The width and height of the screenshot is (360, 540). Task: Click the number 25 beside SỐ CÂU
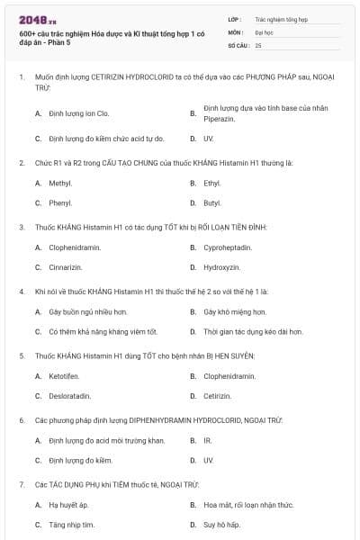tap(259, 44)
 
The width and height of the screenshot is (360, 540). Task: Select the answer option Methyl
tap(60, 183)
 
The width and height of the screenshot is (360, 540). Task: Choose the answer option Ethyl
tap(212, 183)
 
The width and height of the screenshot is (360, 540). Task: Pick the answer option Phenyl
tap(60, 202)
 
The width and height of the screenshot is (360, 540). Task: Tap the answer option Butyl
tap(212, 202)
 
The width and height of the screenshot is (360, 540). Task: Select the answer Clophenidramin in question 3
tap(75, 247)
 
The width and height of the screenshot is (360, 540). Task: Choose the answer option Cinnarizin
tap(67, 266)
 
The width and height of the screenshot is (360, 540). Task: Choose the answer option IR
tap(208, 440)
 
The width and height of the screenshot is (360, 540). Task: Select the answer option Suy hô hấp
tap(220, 525)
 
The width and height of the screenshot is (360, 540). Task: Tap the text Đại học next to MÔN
tap(264, 31)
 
